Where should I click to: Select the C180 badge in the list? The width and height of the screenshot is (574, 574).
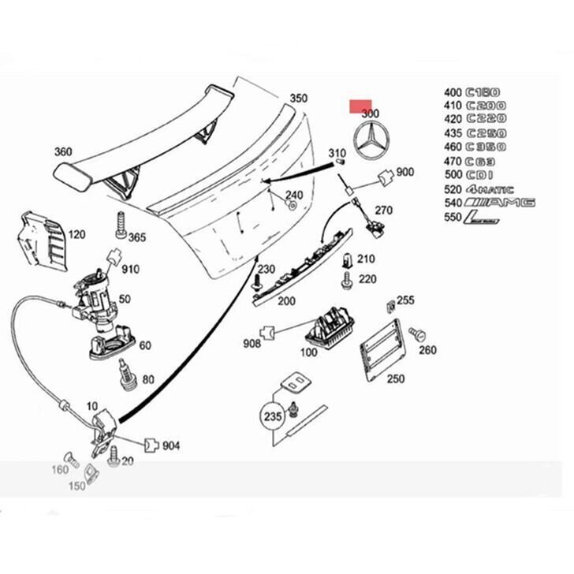483,91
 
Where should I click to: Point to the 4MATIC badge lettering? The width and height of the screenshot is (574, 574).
490,189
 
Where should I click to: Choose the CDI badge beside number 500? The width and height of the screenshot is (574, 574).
479,175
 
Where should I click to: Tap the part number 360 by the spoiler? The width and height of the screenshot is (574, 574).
63,152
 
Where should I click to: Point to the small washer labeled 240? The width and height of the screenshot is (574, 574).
292,207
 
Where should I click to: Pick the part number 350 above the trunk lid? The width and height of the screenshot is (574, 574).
298,99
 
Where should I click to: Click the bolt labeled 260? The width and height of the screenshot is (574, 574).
418,334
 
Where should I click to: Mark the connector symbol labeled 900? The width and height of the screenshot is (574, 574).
385,176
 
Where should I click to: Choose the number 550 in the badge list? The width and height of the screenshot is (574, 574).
453,217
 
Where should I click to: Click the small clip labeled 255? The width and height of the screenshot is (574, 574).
389,304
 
